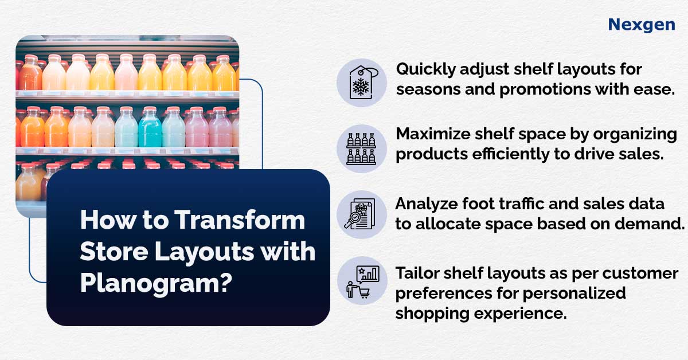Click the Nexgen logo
point(642,25)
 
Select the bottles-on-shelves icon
point(361,148)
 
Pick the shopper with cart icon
point(362,281)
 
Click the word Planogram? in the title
point(156,284)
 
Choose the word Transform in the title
point(240,220)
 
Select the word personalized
point(574,294)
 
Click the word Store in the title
point(114,252)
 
